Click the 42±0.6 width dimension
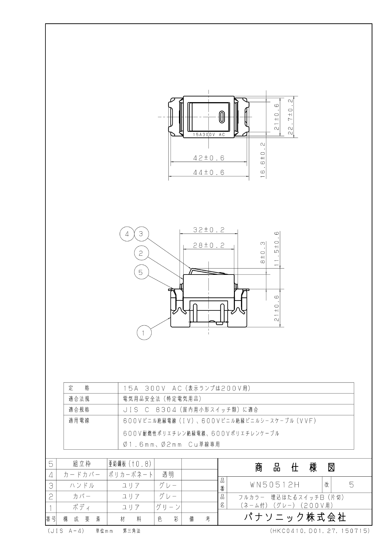[209, 158]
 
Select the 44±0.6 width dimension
[209, 172]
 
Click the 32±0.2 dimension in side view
[209, 230]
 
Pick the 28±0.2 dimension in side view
[209, 245]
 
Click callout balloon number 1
[143, 332]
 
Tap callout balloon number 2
[141, 253]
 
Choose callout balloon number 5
[141, 272]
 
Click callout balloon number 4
[127, 234]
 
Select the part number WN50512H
[275, 485]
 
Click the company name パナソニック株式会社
[295, 517]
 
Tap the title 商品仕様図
[295, 467]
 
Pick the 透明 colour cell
[168, 475]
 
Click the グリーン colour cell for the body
[168, 507]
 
